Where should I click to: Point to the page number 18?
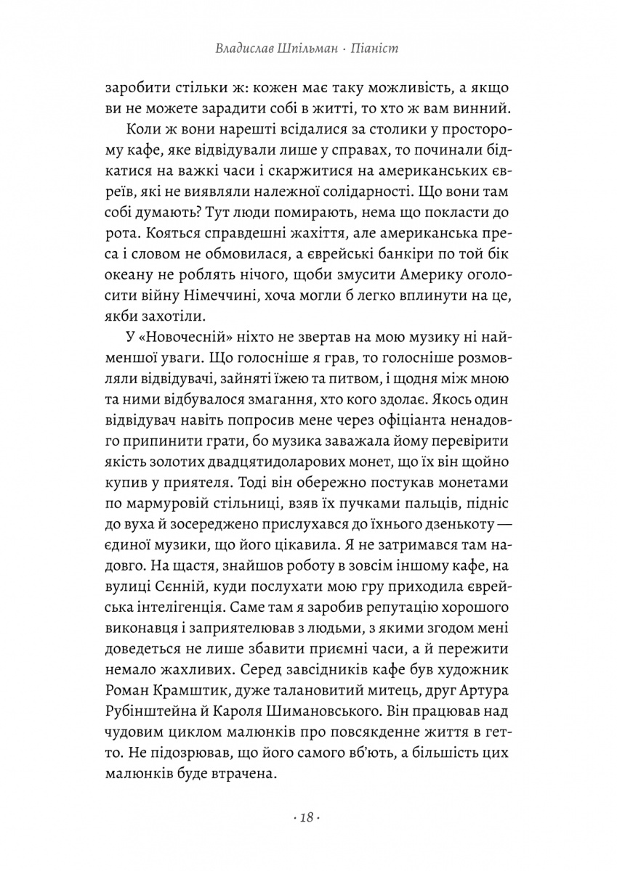coord(306,818)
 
